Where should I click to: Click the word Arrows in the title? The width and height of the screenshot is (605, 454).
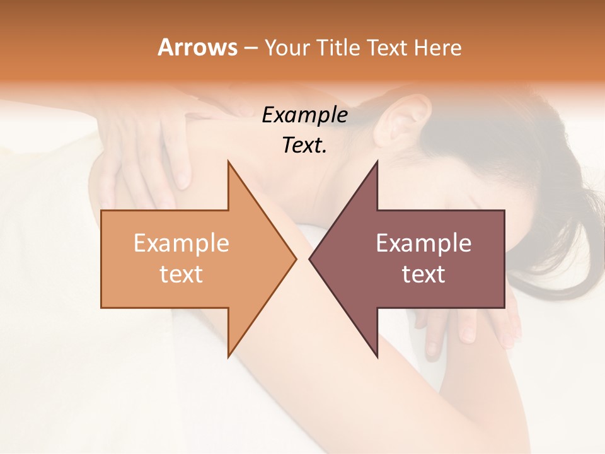[198, 47]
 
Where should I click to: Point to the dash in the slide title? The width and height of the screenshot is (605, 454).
[250, 49]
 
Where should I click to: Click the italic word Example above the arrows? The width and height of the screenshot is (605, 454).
[305, 115]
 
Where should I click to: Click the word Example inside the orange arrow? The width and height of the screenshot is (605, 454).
[181, 243]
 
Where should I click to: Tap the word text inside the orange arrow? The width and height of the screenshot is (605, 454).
[181, 274]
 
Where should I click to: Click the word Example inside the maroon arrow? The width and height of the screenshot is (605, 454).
[423, 243]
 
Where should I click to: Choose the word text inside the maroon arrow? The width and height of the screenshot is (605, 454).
[423, 274]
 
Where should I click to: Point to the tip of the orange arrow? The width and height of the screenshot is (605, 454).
[296, 259]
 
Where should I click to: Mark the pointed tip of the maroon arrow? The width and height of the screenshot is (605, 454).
[309, 259]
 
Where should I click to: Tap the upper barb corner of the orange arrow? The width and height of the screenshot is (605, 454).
[228, 161]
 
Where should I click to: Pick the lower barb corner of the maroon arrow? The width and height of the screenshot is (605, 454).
[377, 357]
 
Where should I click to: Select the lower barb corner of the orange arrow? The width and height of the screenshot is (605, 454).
[228, 357]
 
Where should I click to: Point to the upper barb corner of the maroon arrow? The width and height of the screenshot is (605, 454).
[377, 161]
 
